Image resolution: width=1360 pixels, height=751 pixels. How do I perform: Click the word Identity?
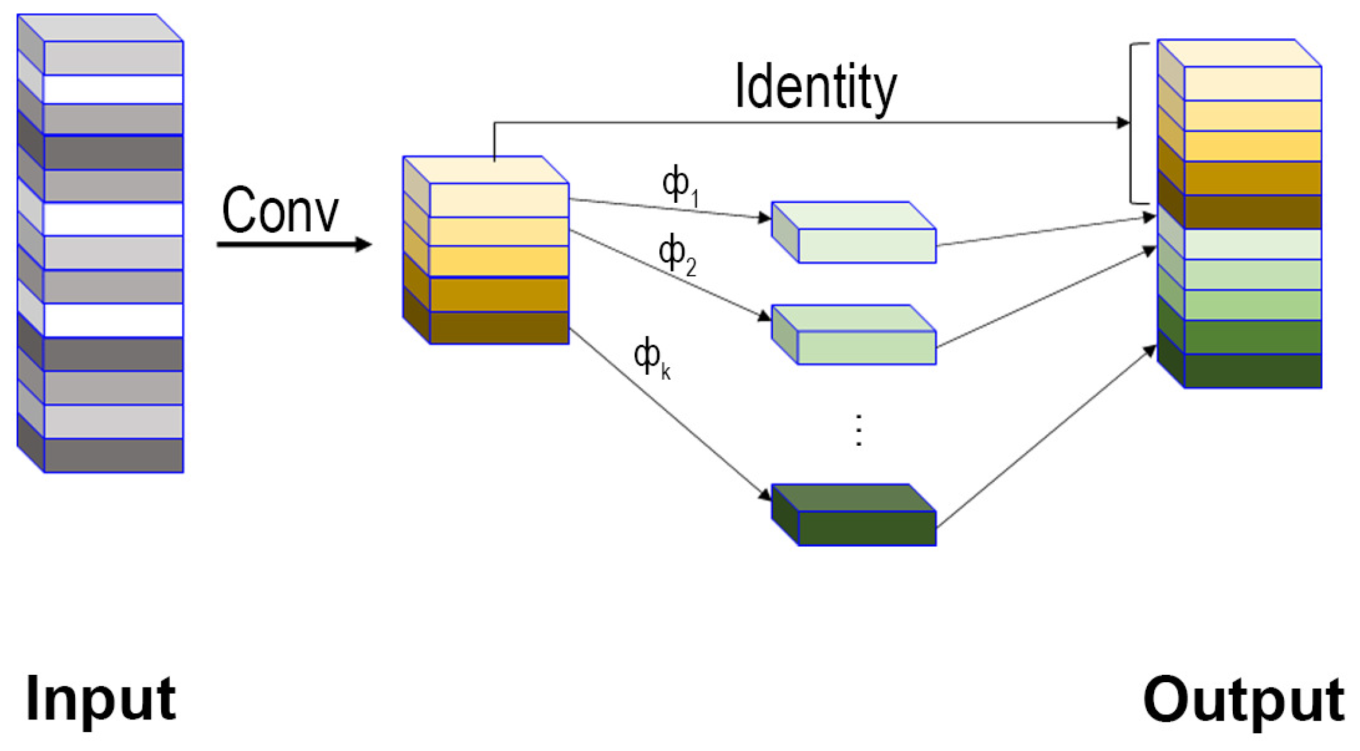point(815,87)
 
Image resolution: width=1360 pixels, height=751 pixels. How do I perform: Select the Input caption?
point(100,699)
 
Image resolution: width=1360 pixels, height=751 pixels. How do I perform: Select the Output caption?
point(1243,700)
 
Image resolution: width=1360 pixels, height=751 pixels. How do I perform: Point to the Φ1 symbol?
point(679,184)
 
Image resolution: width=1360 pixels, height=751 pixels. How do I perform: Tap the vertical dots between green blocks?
point(858,430)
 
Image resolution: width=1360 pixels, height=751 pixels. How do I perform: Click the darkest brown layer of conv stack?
point(499,328)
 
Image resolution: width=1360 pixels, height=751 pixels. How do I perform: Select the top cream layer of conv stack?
point(499,200)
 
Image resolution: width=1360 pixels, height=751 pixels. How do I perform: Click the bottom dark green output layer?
point(1252,371)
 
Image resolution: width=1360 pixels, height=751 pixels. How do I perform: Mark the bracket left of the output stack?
point(1132,123)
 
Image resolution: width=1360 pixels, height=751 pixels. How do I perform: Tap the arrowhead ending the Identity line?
point(1123,123)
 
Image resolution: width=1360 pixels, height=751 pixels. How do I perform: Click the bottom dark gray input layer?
point(114,455)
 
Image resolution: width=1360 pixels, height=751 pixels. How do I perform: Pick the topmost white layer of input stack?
point(114,89)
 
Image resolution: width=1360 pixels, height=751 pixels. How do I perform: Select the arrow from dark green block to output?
point(1044,438)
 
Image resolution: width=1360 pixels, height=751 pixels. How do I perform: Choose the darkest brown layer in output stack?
point(1252,212)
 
